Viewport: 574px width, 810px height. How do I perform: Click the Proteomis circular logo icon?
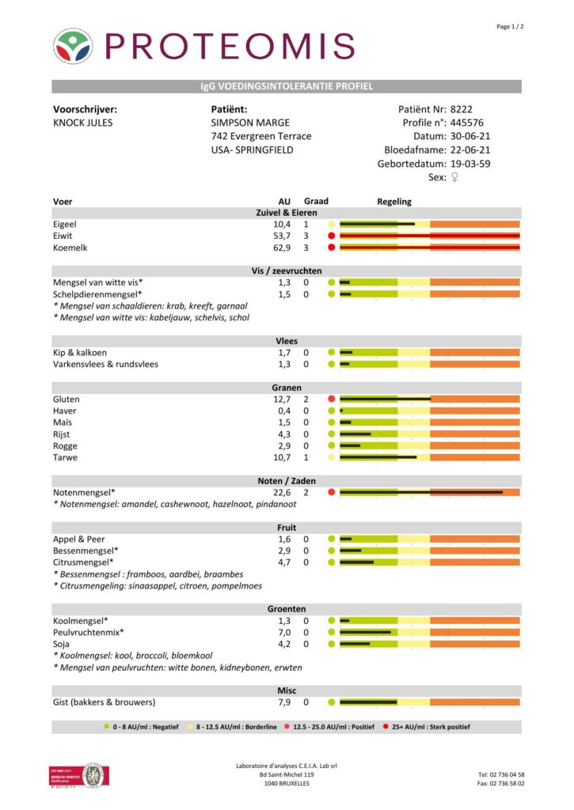pos(72,46)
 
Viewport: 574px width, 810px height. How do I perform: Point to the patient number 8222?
pos(462,109)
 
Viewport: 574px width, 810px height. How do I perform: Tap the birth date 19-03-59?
pos(469,164)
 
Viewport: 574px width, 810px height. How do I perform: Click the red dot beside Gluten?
pos(332,399)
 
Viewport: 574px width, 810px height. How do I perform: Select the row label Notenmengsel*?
pos(84,492)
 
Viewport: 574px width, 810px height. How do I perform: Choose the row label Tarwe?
pos(65,457)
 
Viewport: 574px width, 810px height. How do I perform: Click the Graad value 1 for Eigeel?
pos(306,225)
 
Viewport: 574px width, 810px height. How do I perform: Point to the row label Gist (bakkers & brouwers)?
pos(104,702)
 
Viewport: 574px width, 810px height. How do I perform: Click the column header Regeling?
pos(394,202)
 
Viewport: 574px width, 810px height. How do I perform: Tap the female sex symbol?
pos(454,177)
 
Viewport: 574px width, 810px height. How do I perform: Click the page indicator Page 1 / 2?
pos(510,27)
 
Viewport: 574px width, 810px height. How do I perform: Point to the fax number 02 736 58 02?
pos(500,783)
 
